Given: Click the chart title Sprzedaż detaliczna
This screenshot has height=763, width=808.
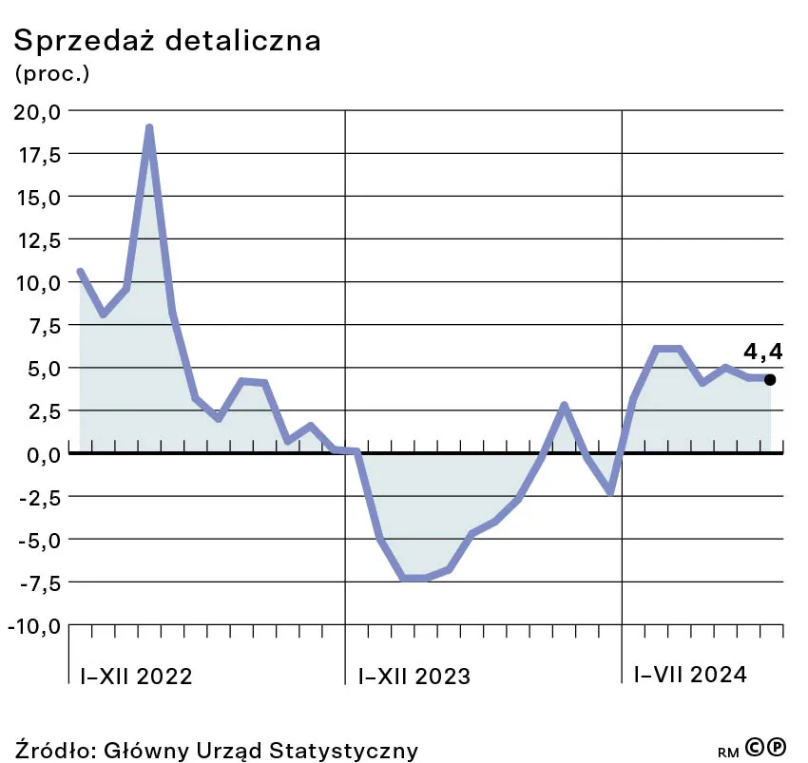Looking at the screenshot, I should coord(165,41).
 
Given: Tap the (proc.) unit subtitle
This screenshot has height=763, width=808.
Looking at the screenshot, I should coord(52,73).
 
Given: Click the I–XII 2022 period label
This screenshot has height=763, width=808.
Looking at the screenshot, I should coord(136,676).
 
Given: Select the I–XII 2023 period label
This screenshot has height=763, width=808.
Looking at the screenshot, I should coord(414,676).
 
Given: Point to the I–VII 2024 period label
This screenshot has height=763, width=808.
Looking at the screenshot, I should coord(690,675).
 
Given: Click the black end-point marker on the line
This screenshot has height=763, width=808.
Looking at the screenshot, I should coord(770,379).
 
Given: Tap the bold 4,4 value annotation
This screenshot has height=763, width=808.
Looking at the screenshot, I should coord(763,352).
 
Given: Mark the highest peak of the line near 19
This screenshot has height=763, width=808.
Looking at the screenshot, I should coord(149,127).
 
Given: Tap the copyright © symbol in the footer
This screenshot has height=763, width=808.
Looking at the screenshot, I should coord(756,749).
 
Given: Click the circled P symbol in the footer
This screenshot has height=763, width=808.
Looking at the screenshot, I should coord(777,749).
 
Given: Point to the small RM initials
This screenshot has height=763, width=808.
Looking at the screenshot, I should coord(728,752).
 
